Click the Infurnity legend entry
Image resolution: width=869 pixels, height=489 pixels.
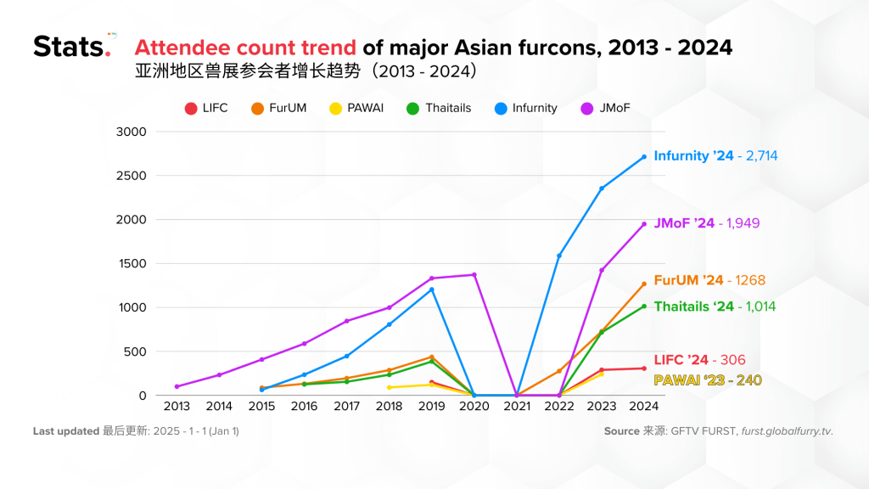tap(525, 109)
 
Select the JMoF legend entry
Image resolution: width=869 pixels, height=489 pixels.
tap(606, 109)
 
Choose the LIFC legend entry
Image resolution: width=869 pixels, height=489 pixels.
tap(206, 109)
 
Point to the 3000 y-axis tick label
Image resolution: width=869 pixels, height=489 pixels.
tap(132, 132)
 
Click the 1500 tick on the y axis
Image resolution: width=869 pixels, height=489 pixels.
tap(132, 264)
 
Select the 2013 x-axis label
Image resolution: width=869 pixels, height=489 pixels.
tap(177, 407)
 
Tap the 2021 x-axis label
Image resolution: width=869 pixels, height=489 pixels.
tap(517, 407)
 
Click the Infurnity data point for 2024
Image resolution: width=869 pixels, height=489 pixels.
tap(644, 157)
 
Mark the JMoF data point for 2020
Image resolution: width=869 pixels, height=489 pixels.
tap(474, 275)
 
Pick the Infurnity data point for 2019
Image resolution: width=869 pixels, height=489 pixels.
tap(431, 289)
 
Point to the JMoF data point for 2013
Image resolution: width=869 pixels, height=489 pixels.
tap(177, 386)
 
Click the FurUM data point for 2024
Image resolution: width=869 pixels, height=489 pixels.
tap(644, 284)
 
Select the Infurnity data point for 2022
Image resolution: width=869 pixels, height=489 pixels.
tap(559, 256)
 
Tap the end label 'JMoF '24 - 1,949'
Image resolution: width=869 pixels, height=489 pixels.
tap(706, 223)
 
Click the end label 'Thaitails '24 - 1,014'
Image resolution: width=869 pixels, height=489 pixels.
tap(715, 306)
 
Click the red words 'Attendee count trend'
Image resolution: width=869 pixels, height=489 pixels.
tap(246, 47)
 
